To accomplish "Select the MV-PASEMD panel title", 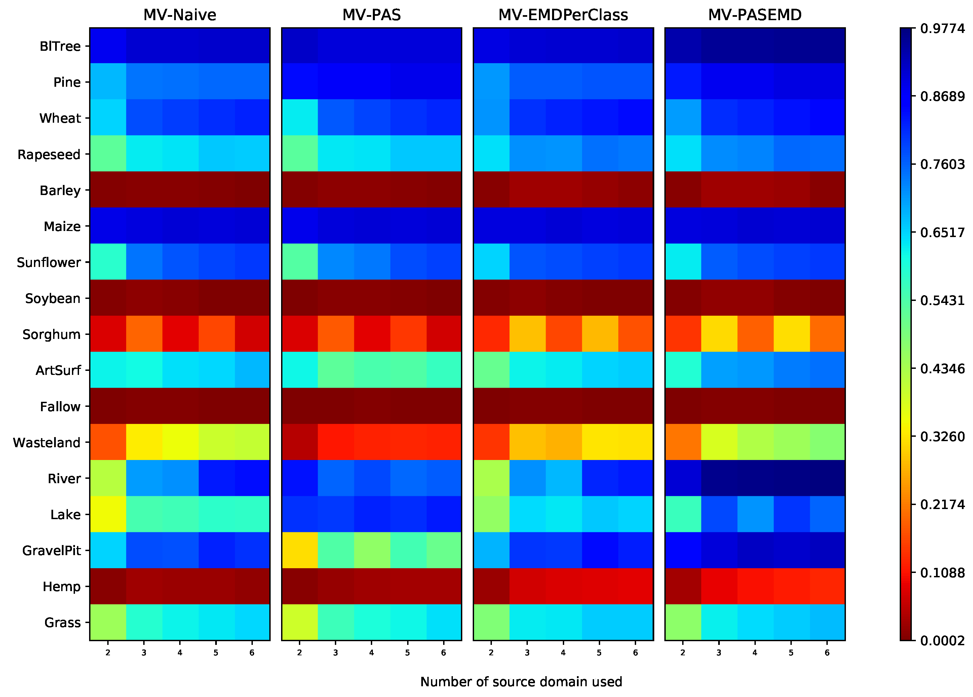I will pyautogui.click(x=755, y=15).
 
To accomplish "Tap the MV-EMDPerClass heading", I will pyautogui.click(x=563, y=15).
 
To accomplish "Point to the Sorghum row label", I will pyautogui.click(x=51, y=334).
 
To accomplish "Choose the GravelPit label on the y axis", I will pyautogui.click(x=51, y=550).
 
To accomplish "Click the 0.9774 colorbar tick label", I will pyautogui.click(x=942, y=28).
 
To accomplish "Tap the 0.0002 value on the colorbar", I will pyautogui.click(x=942, y=641).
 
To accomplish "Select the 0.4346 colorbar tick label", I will pyautogui.click(x=942, y=369).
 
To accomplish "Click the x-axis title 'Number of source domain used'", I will pyautogui.click(x=521, y=682).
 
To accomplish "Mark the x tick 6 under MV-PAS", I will pyautogui.click(x=443, y=653).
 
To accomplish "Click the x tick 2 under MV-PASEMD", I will pyautogui.click(x=683, y=653).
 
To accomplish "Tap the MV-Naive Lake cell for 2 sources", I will pyautogui.click(x=108, y=514).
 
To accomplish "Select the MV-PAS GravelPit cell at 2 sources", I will pyautogui.click(x=300, y=550).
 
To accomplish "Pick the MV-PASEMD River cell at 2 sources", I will pyautogui.click(x=683, y=478).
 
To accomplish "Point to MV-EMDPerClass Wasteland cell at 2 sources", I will pyautogui.click(x=491, y=442).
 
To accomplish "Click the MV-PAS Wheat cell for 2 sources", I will pyautogui.click(x=300, y=118).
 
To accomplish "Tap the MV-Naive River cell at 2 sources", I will pyautogui.click(x=108, y=478).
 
